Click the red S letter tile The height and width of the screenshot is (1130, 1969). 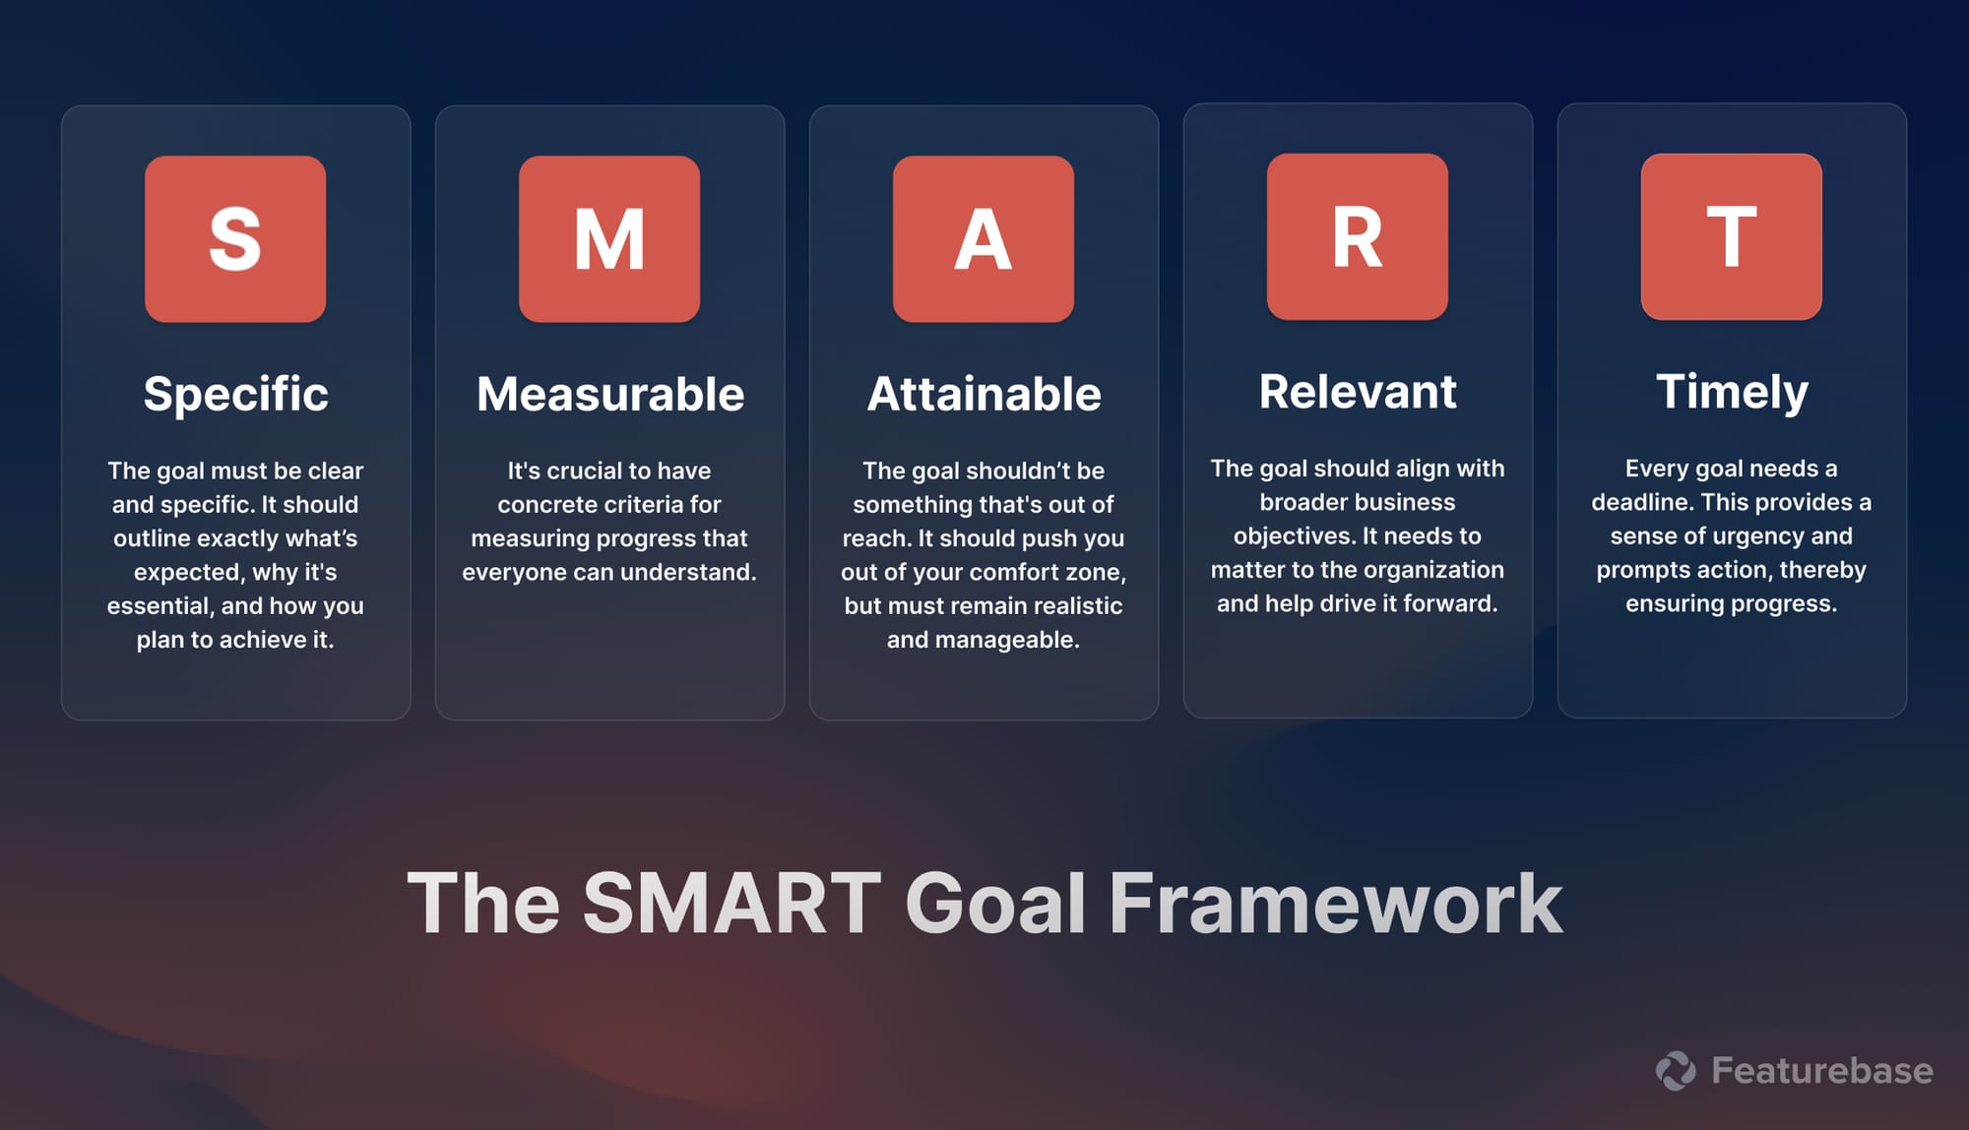(235, 239)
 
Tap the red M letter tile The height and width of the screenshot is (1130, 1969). (609, 239)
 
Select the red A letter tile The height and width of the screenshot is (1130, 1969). (984, 239)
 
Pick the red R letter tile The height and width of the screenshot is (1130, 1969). (1358, 237)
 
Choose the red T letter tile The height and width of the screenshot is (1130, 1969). (1732, 237)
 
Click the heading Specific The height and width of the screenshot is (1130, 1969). (235, 394)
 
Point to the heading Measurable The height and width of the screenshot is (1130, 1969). (609, 394)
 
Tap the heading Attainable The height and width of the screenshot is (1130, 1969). (984, 394)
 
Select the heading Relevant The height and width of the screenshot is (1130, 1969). (1358, 392)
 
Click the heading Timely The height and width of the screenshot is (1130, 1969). (1732, 392)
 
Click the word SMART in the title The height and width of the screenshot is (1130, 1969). (731, 903)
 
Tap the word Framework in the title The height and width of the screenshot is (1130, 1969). (1335, 903)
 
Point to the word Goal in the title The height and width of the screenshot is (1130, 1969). (994, 903)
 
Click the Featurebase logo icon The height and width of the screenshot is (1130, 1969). (1676, 1071)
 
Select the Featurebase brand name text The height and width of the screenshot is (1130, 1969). (1821, 1071)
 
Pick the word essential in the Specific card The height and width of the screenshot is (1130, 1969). (159, 606)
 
